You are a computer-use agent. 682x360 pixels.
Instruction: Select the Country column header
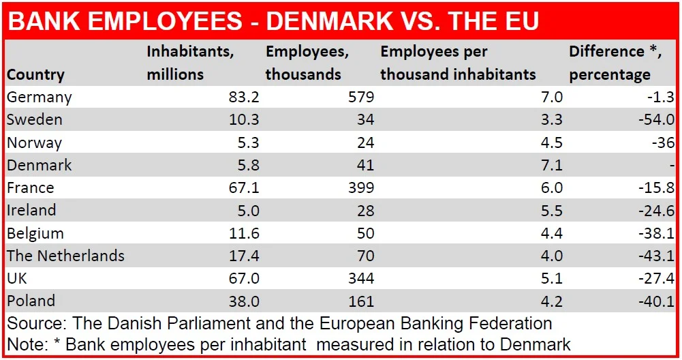pos(35,74)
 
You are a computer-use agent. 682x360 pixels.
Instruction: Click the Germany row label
pos(39,97)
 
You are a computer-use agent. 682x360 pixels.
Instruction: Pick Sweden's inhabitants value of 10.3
pos(244,119)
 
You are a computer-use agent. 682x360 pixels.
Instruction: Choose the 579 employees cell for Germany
pos(360,97)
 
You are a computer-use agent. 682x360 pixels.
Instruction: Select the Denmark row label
pos(39,165)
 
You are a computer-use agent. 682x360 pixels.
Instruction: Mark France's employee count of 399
pos(360,187)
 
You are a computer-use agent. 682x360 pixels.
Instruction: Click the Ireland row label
pos(31,210)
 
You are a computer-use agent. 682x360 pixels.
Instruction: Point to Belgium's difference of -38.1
pos(657,233)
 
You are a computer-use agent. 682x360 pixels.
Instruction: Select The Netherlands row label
pos(65,256)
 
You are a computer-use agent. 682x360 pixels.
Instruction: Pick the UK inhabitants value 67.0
pos(244,278)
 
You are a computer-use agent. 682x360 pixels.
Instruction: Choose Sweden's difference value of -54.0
pos(657,119)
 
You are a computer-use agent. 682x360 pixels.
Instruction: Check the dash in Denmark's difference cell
pos(672,166)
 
